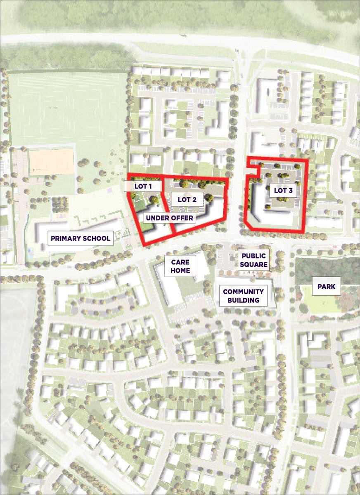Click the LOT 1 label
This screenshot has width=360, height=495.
point(144,186)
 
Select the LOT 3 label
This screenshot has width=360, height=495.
point(283,191)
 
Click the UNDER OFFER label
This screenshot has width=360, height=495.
point(169,217)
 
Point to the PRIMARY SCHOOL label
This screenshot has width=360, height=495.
point(81,238)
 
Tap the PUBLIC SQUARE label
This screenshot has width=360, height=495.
point(255,260)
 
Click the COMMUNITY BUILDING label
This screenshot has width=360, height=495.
point(243,296)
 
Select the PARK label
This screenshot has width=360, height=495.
point(326,285)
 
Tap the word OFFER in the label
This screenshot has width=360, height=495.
point(182,217)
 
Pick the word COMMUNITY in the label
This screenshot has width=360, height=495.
point(243,292)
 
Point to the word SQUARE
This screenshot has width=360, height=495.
point(255,264)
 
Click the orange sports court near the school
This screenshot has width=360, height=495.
point(52,162)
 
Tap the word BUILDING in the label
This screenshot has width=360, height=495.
point(243,300)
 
